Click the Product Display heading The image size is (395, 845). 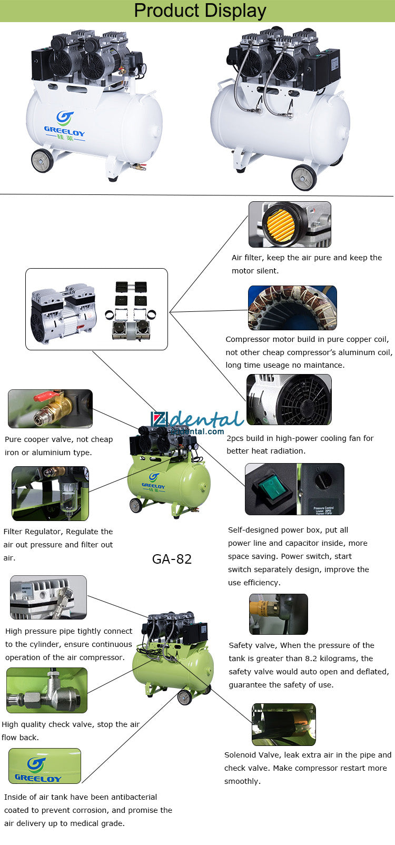click(x=200, y=11)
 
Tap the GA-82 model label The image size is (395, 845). click(x=172, y=559)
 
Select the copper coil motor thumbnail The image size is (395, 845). click(x=292, y=308)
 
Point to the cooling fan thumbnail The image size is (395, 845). click(x=289, y=399)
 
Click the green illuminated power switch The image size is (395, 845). click(x=271, y=487)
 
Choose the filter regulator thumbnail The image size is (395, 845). click(x=50, y=493)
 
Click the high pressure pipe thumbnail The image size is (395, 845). click(x=48, y=597)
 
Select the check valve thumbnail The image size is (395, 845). click(x=46, y=690)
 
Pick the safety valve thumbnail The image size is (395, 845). click(x=278, y=614)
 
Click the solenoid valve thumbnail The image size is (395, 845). click(x=283, y=724)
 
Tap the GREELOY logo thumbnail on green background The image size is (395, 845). click(x=44, y=766)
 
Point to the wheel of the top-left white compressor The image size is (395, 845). click(x=42, y=160)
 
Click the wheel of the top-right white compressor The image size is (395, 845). click(x=304, y=177)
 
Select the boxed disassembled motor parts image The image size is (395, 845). click(x=96, y=309)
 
